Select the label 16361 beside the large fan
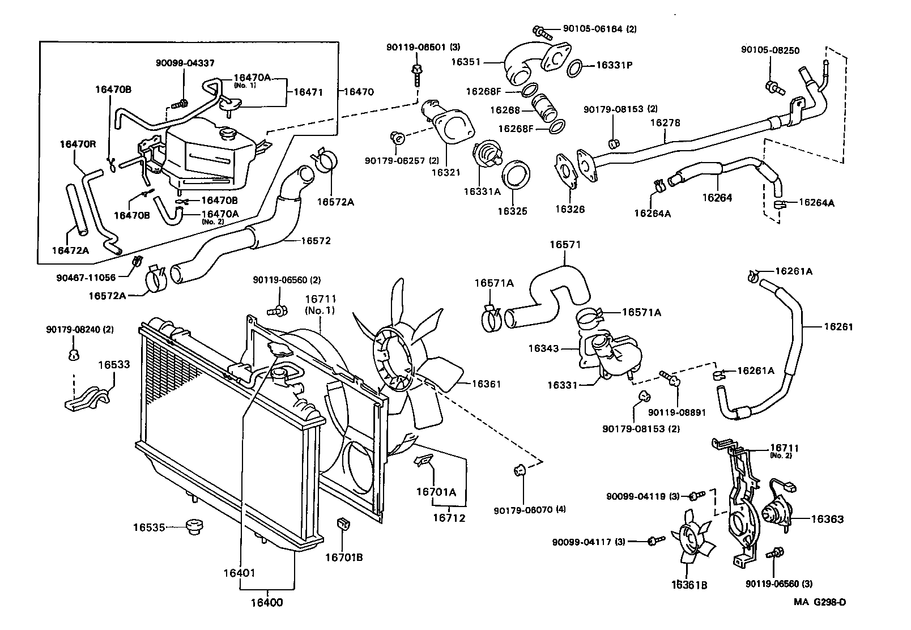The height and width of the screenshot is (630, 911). (487, 384)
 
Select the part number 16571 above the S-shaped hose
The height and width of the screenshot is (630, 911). (565, 245)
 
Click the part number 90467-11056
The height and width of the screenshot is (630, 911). (86, 278)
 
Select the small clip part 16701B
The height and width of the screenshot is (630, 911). (343, 522)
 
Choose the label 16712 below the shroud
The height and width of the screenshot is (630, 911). (449, 517)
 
